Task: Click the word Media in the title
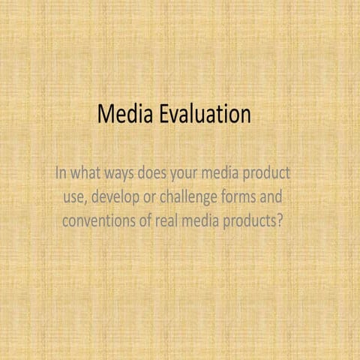point(124,115)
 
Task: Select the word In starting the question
point(62,174)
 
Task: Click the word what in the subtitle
point(88,174)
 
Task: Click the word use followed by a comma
point(75,199)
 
